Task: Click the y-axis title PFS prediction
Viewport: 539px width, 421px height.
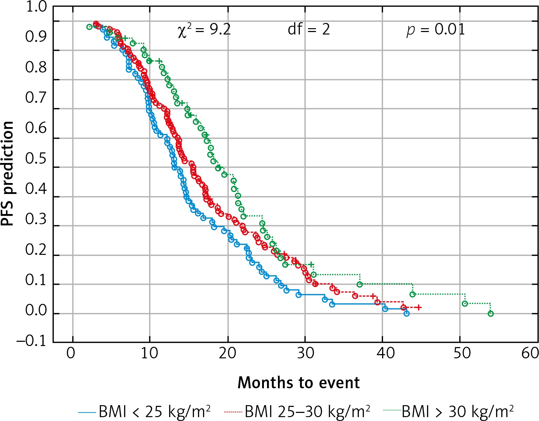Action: coord(8,173)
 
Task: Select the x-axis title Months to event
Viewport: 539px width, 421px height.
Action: coord(299,383)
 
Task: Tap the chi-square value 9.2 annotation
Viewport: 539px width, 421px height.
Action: coord(204,30)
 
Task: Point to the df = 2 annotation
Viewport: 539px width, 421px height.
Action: coord(309,30)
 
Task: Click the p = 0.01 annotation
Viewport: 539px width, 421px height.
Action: coord(436,30)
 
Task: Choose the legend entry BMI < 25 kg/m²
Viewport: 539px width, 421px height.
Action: coord(145,411)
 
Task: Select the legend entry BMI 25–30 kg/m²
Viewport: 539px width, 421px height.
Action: coord(297,411)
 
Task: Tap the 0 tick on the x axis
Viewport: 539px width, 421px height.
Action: coord(71,353)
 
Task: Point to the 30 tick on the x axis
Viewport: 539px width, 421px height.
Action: coord(305,353)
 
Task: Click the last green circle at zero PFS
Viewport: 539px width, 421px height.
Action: coord(491,314)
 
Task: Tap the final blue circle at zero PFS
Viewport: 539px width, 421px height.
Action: coord(406,313)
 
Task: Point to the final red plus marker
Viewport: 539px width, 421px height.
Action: coord(419,308)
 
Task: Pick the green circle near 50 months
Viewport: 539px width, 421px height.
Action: coord(465,303)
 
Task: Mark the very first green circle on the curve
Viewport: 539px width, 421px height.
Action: coord(89,27)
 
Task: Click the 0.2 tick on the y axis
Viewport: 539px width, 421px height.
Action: coord(36,250)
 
